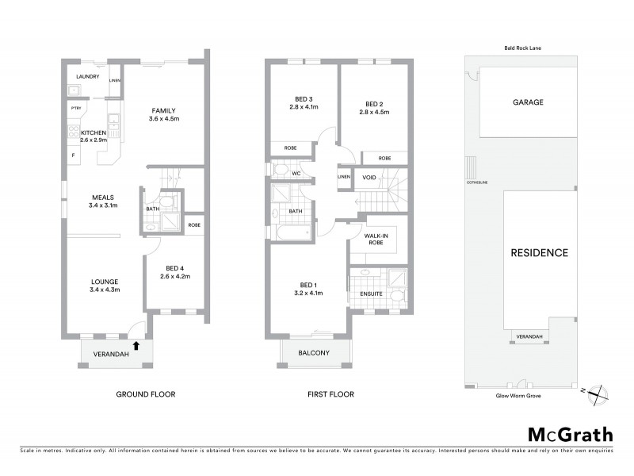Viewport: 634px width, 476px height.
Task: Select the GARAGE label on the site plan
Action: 528,102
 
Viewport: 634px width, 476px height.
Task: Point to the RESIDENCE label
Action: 539,253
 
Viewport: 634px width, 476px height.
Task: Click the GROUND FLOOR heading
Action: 146,394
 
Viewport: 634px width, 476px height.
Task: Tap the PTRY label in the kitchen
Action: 76,108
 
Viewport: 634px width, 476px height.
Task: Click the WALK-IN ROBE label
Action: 375,240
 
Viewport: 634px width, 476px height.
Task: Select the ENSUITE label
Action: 371,294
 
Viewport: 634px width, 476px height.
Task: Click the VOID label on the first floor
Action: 369,177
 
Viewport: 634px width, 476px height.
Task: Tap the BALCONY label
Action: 315,355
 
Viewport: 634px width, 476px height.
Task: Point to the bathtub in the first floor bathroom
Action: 292,234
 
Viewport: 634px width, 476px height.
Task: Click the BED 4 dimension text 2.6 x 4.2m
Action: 174,276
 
